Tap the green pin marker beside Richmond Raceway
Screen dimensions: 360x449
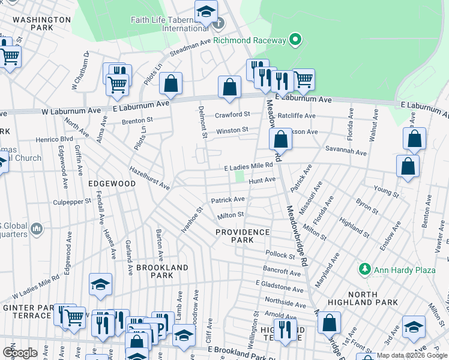click(x=295, y=40)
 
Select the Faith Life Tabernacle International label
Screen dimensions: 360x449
click(x=170, y=24)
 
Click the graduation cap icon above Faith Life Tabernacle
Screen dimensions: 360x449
click(x=205, y=11)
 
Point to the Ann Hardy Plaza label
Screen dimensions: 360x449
click(x=405, y=270)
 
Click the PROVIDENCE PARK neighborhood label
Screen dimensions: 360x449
click(x=243, y=235)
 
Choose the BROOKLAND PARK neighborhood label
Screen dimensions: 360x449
click(x=162, y=271)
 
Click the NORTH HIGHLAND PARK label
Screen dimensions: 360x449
click(x=363, y=298)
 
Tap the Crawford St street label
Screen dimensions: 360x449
click(x=232, y=114)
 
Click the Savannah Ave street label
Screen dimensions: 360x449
click(x=346, y=153)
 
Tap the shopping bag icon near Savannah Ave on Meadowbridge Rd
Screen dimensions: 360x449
click(x=280, y=140)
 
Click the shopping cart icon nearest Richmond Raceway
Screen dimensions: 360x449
click(x=304, y=79)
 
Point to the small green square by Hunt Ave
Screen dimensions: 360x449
click(x=240, y=177)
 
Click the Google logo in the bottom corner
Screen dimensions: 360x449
click(x=20, y=353)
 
